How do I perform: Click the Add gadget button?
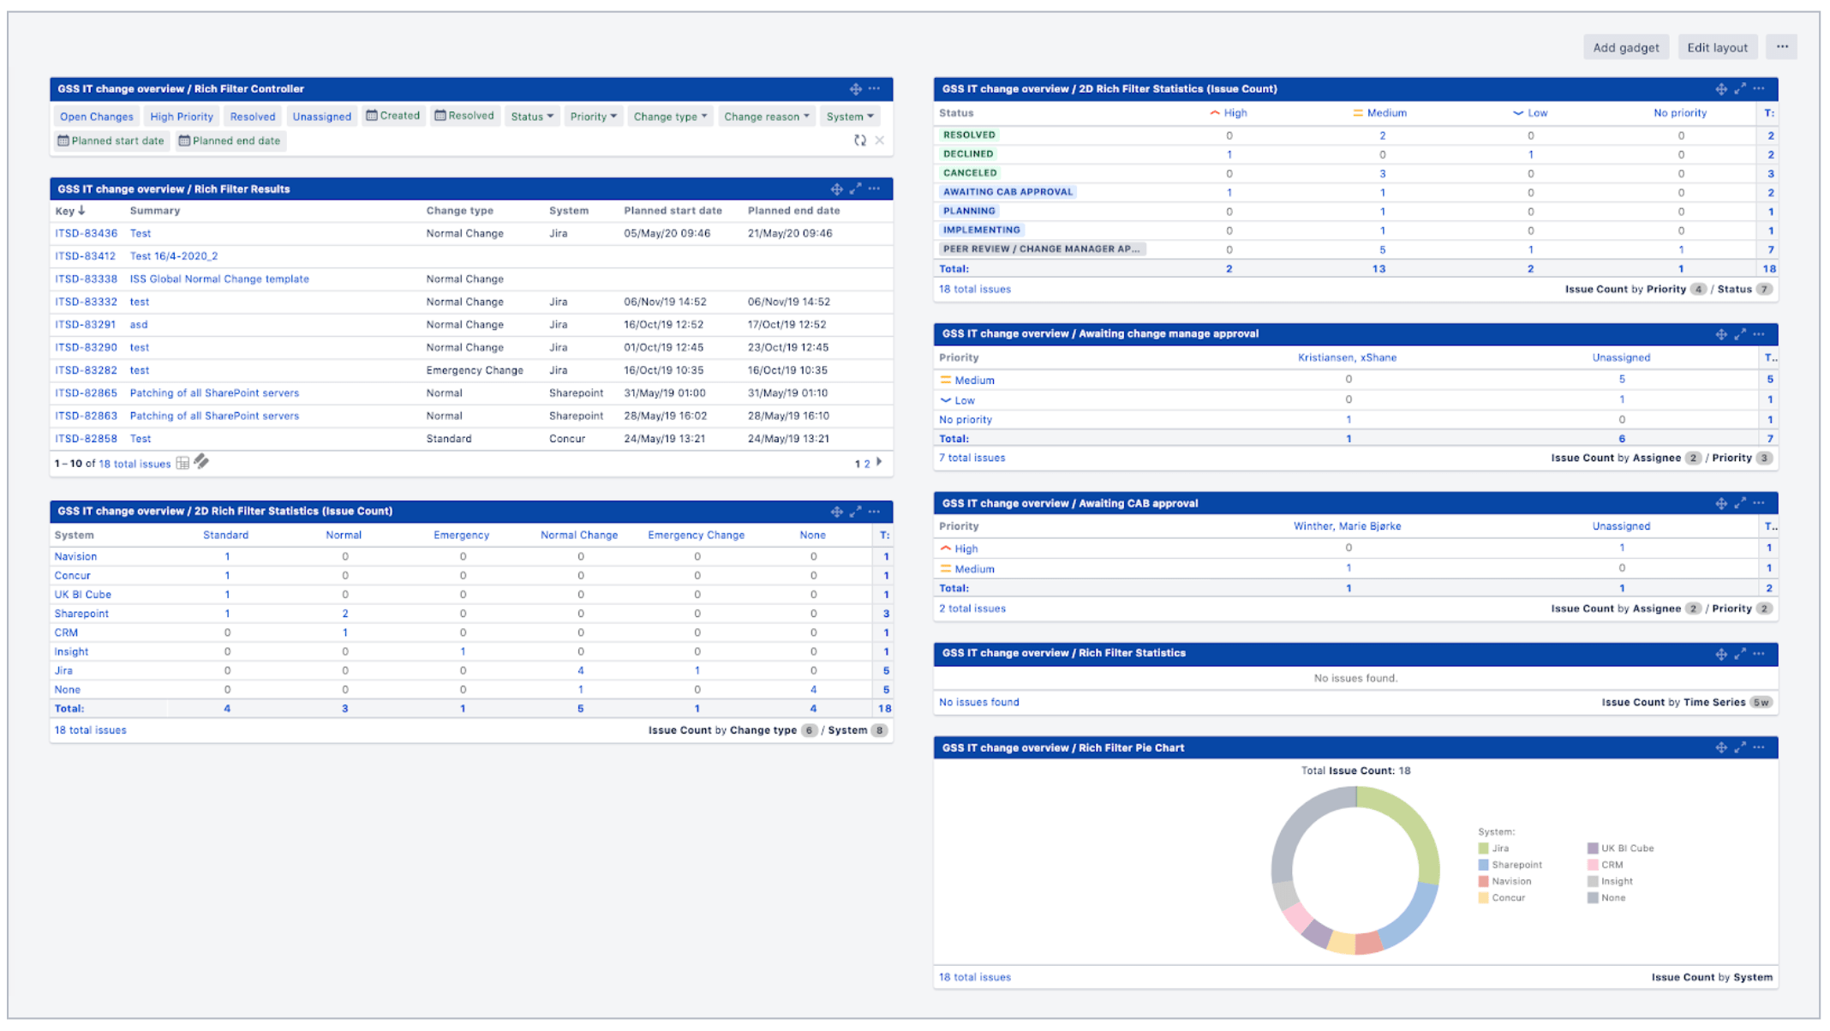(1624, 47)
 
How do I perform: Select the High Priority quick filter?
(181, 117)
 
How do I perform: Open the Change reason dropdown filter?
(765, 117)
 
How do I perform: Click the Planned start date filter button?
(111, 141)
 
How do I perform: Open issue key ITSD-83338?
(86, 279)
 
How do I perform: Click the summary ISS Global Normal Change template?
(219, 279)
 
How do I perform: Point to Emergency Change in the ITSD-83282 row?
(475, 370)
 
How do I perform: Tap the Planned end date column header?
(793, 211)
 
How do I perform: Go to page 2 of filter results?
(867, 464)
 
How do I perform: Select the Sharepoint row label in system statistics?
(81, 614)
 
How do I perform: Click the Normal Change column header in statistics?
(578, 535)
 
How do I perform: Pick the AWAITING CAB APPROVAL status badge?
(1007, 192)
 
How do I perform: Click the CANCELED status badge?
(969, 173)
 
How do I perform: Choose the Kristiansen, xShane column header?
(1347, 357)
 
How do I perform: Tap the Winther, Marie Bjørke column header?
(1347, 526)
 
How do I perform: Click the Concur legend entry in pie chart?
(1507, 898)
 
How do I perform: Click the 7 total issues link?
(972, 458)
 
